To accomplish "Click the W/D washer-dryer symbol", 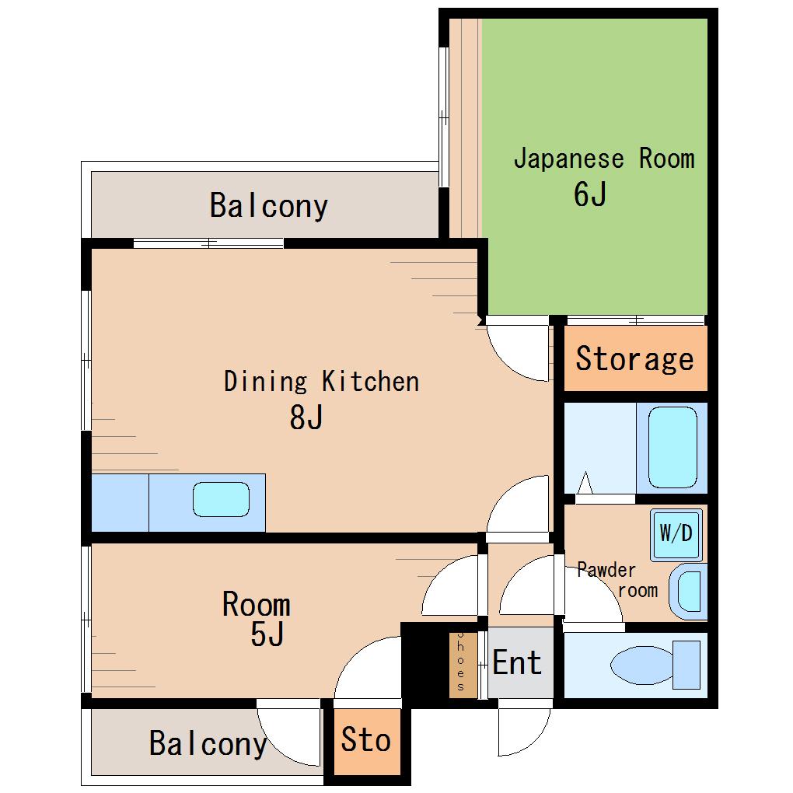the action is pos(676,535).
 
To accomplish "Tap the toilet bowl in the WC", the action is pos(642,665).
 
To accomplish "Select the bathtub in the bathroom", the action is pos(672,448).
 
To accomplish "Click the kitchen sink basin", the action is pos(221,500).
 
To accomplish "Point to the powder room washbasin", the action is pos(689,592).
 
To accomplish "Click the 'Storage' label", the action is pos(634,359).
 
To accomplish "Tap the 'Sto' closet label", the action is pos(366,739).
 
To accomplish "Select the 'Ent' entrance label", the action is pos(517,662).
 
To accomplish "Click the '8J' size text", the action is pos(306,417).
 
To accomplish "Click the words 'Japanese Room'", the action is pos(604,159).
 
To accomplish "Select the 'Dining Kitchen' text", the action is pos(322,381).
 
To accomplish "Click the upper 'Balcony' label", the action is pos(269,206).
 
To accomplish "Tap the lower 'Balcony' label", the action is pos(208,743).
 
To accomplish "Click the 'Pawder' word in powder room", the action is pos(606,570).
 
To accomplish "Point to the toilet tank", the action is pos(686,665).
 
